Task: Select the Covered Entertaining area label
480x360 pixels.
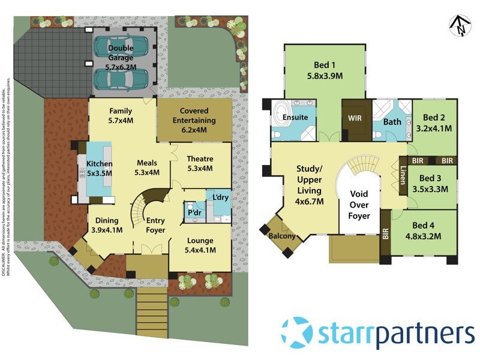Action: (x=193, y=120)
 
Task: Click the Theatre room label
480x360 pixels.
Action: (x=200, y=164)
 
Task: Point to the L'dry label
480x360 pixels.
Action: (x=217, y=197)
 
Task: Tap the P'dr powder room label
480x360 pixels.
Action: (x=194, y=213)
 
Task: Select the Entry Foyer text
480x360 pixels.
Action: (x=155, y=225)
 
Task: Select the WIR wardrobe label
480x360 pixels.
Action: (x=355, y=118)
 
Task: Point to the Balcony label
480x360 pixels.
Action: (x=281, y=236)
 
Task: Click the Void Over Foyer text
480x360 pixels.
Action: (x=359, y=205)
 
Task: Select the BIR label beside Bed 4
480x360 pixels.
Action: (x=385, y=236)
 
